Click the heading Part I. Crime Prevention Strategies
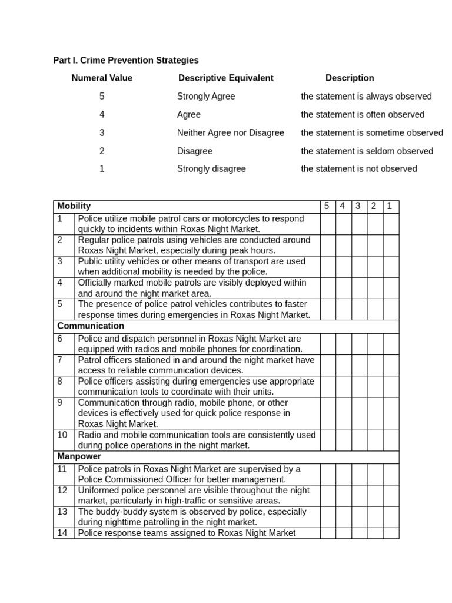coord(126,60)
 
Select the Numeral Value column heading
coord(102,78)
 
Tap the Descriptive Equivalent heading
coord(225,78)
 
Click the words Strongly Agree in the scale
coord(205,96)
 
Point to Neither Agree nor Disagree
coord(230,132)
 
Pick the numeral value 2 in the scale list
coord(102,151)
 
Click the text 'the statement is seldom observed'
coord(367,151)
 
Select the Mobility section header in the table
coord(74,206)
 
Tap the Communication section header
coord(91,326)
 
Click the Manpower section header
coord(79,456)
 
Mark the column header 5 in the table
coord(327,206)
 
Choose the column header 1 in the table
coord(389,206)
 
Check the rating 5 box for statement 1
coord(328,224)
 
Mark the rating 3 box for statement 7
coord(359,365)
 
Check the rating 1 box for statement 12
coord(390,495)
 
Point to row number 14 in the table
coord(63,533)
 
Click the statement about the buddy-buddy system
coord(192,516)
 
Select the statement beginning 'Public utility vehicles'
coord(191,266)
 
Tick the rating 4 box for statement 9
coord(344,413)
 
